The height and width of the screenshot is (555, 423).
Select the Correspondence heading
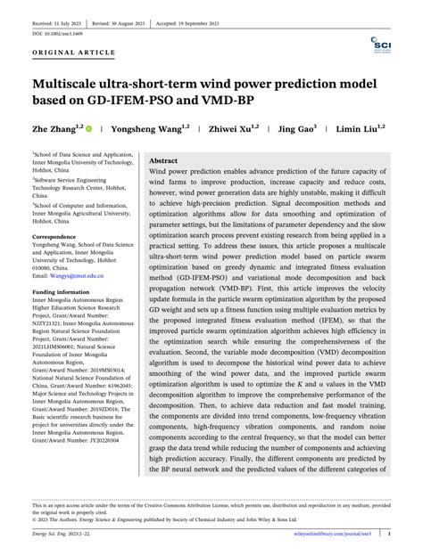(x=59, y=237)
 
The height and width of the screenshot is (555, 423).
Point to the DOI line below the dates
(x=58, y=33)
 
